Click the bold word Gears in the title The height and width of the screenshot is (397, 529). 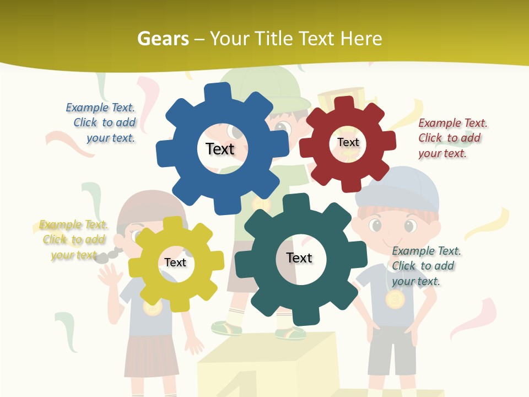click(x=163, y=39)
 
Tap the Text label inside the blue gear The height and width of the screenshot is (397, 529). click(x=220, y=149)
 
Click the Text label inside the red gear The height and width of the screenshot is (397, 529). click(x=348, y=142)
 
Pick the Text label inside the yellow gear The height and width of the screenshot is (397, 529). click(x=175, y=262)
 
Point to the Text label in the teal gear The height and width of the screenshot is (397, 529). click(x=299, y=257)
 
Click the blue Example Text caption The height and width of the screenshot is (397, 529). click(x=100, y=122)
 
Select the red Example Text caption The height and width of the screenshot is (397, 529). click(x=453, y=138)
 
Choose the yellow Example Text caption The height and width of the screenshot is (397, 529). click(x=73, y=240)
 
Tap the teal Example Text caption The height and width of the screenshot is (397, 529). click(x=426, y=266)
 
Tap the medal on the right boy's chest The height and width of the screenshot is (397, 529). click(x=395, y=299)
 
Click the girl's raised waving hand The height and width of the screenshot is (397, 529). click(x=110, y=275)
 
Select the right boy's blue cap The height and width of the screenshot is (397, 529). click(x=398, y=188)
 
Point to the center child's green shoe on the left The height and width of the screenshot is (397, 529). click(x=226, y=328)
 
